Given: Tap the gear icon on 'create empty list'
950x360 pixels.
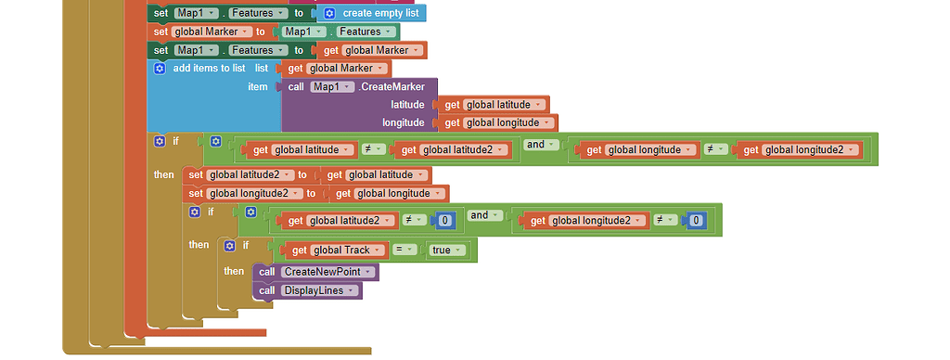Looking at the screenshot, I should (328, 13).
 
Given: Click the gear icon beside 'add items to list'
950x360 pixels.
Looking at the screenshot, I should (159, 69).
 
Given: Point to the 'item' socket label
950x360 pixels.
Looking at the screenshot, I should (257, 87).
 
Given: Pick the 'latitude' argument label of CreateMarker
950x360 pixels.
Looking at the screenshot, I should (407, 105).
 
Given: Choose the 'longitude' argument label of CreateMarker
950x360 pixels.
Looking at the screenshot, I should (404, 122).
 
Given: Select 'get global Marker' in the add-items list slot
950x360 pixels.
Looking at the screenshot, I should (335, 69).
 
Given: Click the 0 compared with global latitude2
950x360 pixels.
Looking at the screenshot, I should (446, 220).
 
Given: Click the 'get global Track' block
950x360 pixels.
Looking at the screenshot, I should (329, 250).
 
